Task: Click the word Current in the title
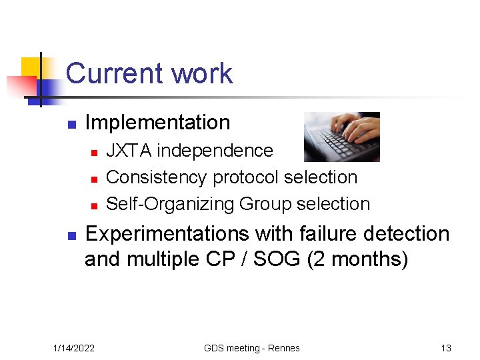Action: point(113,73)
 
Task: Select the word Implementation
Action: point(157,123)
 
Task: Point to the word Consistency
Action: point(157,177)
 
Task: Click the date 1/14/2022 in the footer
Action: point(74,348)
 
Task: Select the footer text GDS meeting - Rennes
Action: point(252,348)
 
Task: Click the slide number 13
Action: point(446,348)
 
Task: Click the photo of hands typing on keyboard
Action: point(341,137)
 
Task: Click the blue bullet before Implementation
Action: point(71,124)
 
